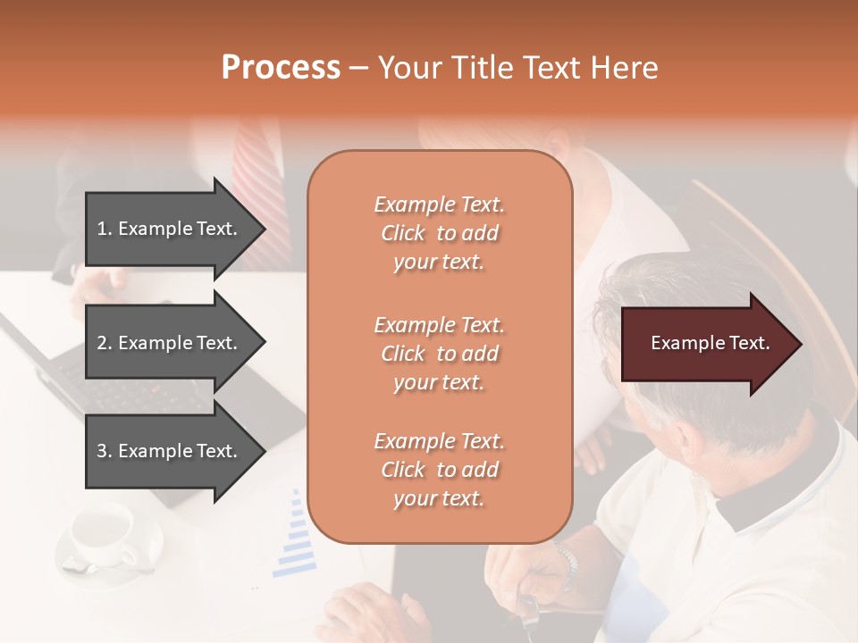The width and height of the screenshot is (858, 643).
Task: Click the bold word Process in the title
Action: tap(281, 67)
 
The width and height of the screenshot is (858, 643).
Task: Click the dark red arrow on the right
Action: tap(706, 343)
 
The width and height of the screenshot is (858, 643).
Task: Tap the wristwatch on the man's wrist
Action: tap(565, 563)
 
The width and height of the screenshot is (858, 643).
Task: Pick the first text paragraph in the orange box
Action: tap(439, 233)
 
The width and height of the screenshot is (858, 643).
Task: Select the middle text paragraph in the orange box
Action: tap(439, 354)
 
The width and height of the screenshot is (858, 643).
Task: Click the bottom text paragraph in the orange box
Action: tap(439, 470)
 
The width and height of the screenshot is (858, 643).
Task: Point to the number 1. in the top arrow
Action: tap(104, 229)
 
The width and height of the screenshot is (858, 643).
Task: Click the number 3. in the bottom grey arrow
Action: tap(104, 451)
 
